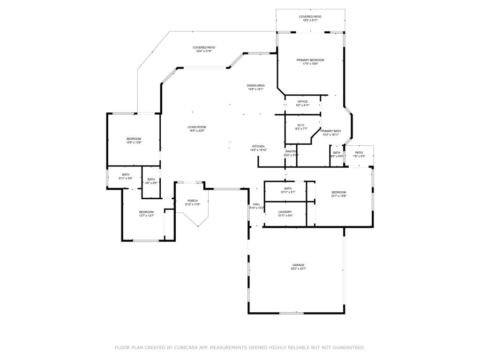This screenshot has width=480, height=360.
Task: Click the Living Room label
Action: (x=197, y=127)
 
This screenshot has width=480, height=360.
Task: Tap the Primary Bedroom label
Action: (x=310, y=60)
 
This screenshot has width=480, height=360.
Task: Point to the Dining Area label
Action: (x=256, y=85)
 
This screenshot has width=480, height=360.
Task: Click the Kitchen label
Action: (x=258, y=146)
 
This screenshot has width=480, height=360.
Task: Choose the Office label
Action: (x=302, y=101)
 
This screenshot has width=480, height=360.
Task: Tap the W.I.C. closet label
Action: (x=301, y=125)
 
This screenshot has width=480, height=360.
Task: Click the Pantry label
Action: (x=291, y=151)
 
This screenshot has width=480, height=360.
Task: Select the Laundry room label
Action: (x=285, y=212)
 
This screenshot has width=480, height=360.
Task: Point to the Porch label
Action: (x=193, y=201)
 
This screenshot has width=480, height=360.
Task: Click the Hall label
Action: (x=256, y=204)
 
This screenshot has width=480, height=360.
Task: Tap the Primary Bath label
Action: (x=330, y=131)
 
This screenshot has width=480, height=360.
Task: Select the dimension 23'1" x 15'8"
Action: (x=338, y=196)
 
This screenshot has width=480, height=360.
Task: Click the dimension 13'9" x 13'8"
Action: (x=134, y=142)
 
